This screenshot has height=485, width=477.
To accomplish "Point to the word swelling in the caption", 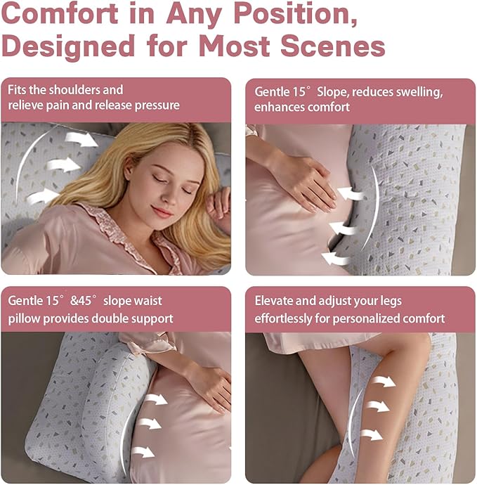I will [x=414, y=92].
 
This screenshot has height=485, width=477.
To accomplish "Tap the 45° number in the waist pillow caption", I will [x=88, y=301].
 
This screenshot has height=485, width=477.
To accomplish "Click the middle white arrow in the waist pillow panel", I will [x=148, y=424].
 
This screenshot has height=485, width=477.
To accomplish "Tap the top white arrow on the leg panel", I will [x=383, y=381].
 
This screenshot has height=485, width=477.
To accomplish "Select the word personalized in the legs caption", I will [x=380, y=318].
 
